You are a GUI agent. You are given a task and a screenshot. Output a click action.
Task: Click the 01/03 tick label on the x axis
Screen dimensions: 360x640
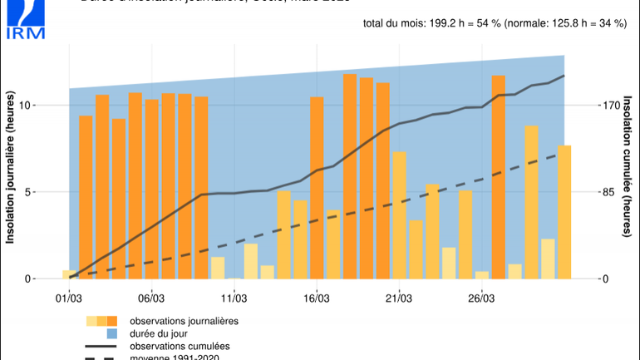click(x=68, y=298)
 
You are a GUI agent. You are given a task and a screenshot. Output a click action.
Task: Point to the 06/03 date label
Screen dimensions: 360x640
click(x=150, y=298)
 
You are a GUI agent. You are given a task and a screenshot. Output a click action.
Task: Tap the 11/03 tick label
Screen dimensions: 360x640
click(x=234, y=298)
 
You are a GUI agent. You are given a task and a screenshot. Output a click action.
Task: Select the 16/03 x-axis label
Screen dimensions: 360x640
click(x=316, y=298)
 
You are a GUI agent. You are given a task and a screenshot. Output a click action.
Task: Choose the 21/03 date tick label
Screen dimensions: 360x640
click(x=399, y=298)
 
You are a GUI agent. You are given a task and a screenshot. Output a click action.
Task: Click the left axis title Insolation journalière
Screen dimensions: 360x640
click(x=11, y=180)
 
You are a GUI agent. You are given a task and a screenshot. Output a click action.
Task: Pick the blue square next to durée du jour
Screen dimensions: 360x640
click(x=101, y=333)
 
